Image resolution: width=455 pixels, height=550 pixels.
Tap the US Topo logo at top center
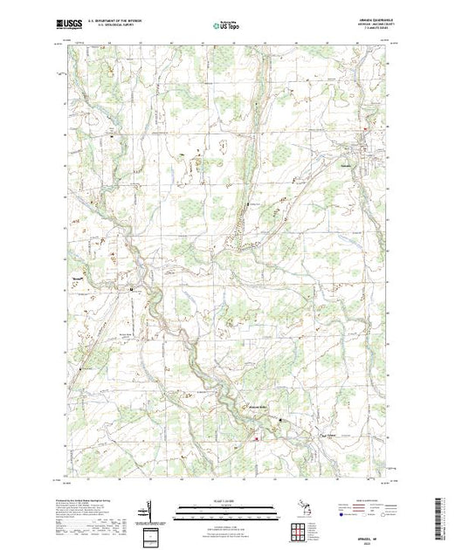click(227, 24)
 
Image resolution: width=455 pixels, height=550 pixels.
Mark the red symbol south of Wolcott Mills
click(256, 438)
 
